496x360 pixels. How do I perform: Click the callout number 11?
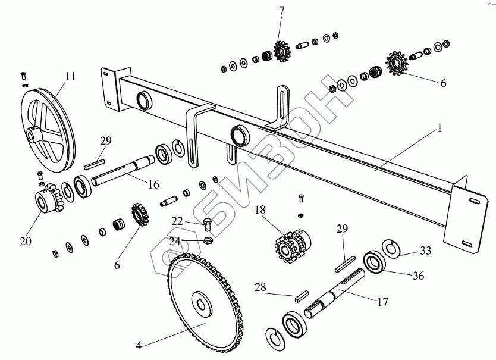[71, 76]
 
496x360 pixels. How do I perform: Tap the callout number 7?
[281, 10]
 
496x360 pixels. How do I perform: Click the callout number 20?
[25, 241]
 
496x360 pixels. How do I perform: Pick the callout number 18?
[260, 210]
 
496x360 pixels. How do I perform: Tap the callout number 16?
[153, 184]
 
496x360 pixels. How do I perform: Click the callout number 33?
[425, 251]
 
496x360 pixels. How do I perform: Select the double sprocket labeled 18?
[288, 248]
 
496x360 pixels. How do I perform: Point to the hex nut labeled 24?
[209, 241]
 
